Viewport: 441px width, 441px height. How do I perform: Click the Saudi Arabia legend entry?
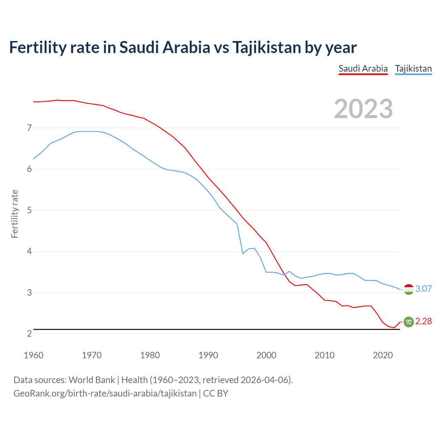point(363,69)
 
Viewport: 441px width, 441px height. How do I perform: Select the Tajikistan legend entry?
point(413,69)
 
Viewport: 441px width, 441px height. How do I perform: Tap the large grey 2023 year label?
point(363,109)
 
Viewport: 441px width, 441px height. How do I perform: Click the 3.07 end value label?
point(423,289)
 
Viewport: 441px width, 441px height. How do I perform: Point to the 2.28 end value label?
point(423,321)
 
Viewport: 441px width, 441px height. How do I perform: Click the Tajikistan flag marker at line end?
point(409,289)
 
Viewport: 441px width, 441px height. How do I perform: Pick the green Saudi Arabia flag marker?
point(409,321)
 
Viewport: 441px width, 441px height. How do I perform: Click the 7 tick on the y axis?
point(29,128)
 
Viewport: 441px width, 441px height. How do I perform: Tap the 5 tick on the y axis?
point(29,210)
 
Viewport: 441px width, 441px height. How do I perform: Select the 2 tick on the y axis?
point(29,334)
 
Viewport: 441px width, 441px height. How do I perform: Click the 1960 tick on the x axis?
point(33,355)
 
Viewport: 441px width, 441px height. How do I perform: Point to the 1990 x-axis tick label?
point(208,355)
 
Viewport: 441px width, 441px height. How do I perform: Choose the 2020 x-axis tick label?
point(383,355)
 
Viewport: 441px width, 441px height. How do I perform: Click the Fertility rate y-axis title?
point(14,214)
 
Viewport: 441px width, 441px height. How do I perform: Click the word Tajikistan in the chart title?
point(267,47)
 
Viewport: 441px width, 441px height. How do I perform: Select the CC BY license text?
point(216,393)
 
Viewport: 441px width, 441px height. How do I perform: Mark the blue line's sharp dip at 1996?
point(243,254)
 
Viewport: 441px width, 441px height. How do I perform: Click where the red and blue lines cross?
point(284,275)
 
